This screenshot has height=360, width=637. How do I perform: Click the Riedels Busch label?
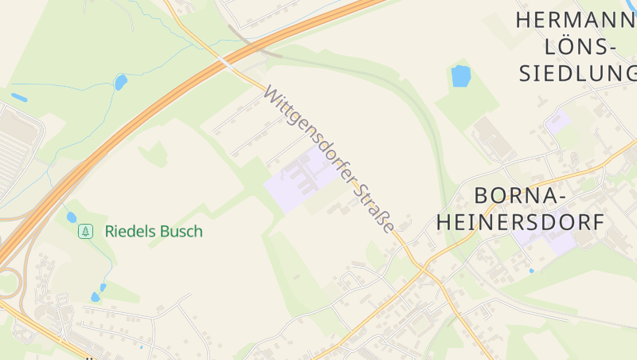pyautogui.click(x=154, y=232)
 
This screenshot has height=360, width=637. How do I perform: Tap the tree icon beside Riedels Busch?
pyautogui.click(x=85, y=232)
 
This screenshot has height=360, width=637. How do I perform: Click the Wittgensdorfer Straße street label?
pyautogui.click(x=329, y=158)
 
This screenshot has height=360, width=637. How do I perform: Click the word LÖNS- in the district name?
pyautogui.click(x=580, y=47)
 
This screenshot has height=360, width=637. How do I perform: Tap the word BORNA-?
pyautogui.click(x=520, y=195)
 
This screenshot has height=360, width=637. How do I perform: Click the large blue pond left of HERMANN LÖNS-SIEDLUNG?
pyautogui.click(x=461, y=76)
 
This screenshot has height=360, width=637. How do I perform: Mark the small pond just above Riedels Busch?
pyautogui.click(x=72, y=217)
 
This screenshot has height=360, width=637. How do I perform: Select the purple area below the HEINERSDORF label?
pyautogui.click(x=549, y=240)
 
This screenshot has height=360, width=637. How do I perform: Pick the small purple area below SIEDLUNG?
pyautogui.click(x=558, y=121)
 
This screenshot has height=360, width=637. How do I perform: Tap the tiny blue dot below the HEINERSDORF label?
pyautogui.click(x=531, y=271)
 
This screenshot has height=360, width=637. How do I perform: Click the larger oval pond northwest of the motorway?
pyautogui.click(x=121, y=81)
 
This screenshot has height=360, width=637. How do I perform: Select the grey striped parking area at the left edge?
pyautogui.click(x=16, y=151)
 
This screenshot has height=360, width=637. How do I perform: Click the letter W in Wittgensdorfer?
pyautogui.click(x=271, y=95)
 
